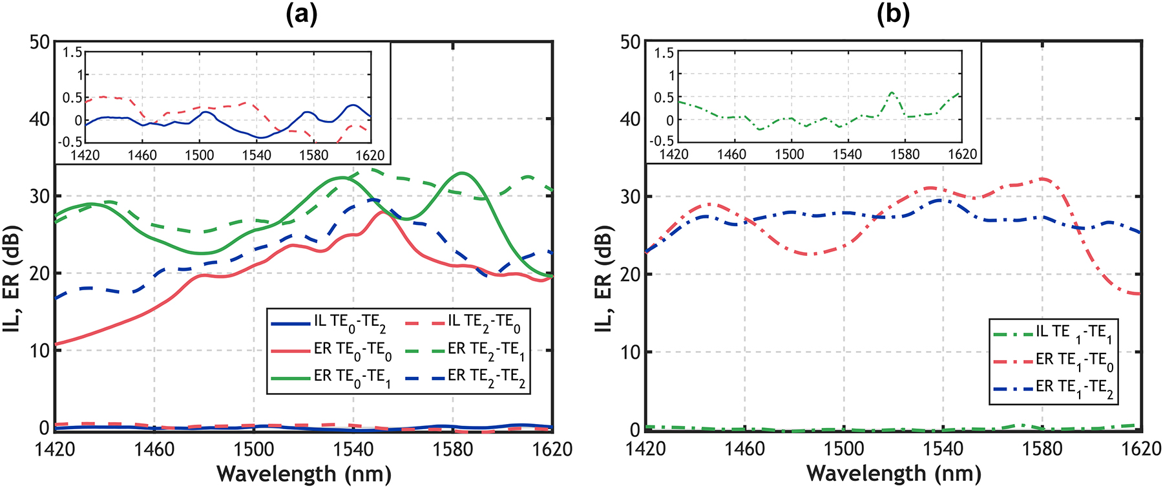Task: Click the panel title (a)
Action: tap(302, 15)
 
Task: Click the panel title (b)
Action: tap(893, 15)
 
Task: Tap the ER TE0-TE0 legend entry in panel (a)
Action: tap(331, 350)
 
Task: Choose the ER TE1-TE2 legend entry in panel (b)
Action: tap(1053, 388)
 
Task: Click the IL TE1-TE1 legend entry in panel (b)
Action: tap(1053, 333)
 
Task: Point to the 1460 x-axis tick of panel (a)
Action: tap(154, 449)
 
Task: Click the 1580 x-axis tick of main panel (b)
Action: tap(1042, 449)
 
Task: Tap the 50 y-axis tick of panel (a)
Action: tap(39, 42)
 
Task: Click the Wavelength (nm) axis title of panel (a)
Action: tap(304, 474)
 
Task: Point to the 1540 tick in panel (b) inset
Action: tap(847, 154)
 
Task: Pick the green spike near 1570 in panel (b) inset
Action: tap(892, 92)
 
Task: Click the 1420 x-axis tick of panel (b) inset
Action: tap(674, 154)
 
